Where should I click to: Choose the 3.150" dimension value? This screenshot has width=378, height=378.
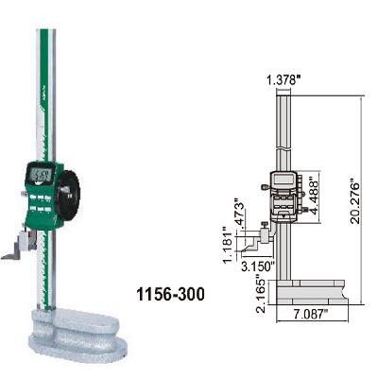[x=256, y=266]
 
